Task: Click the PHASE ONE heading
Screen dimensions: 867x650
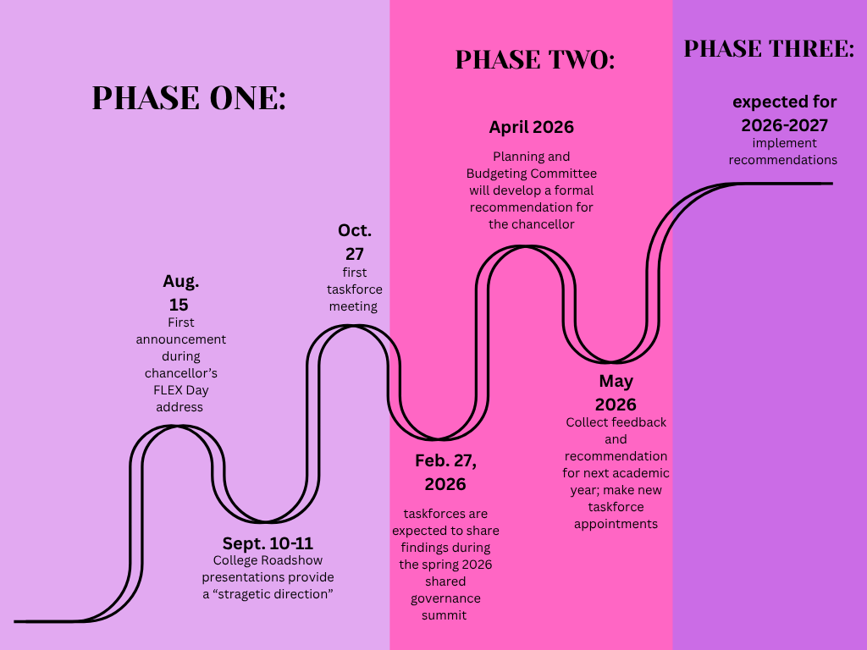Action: click(189, 98)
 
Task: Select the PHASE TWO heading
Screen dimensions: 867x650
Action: click(535, 60)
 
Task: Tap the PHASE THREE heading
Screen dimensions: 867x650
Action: click(769, 48)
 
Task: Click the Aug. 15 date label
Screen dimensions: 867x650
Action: click(180, 293)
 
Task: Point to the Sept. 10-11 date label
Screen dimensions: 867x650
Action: click(268, 543)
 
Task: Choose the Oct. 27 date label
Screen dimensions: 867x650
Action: click(355, 242)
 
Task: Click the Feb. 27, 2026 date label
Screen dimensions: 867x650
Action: click(445, 472)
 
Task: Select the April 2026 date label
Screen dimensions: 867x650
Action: click(532, 128)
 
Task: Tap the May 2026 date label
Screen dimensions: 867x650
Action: click(616, 393)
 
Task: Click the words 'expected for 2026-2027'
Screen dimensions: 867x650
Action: click(785, 114)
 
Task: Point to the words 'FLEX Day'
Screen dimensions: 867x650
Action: click(181, 390)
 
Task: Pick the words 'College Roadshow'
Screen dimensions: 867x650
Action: click(268, 560)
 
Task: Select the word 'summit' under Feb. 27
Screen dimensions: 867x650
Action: click(444, 615)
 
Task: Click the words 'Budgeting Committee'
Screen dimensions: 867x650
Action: click(532, 174)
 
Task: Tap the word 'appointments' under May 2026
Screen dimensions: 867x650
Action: click(616, 525)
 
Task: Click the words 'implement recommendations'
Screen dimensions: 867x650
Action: click(783, 151)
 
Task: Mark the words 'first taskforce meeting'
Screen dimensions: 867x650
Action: click(355, 289)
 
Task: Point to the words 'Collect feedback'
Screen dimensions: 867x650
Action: click(616, 422)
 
